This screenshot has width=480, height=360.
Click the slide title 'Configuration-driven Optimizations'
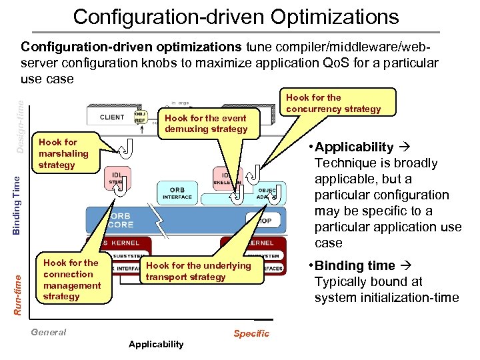tap(236, 16)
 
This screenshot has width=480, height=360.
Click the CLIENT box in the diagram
tap(111, 117)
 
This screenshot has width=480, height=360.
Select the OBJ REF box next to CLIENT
tap(141, 117)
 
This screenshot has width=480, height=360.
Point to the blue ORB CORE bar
tap(120, 221)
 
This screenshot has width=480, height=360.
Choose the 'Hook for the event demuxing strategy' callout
tap(206, 123)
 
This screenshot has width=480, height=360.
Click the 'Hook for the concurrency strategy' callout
tap(333, 103)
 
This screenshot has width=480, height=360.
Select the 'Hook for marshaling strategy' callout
tap(63, 153)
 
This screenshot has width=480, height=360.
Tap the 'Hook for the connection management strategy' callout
tap(71, 279)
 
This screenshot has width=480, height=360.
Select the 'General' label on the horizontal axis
tap(49, 332)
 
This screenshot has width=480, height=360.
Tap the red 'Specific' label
tap(251, 333)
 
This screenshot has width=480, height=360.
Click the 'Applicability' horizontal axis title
tap(155, 344)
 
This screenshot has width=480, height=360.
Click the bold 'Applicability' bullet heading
tap(353, 147)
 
